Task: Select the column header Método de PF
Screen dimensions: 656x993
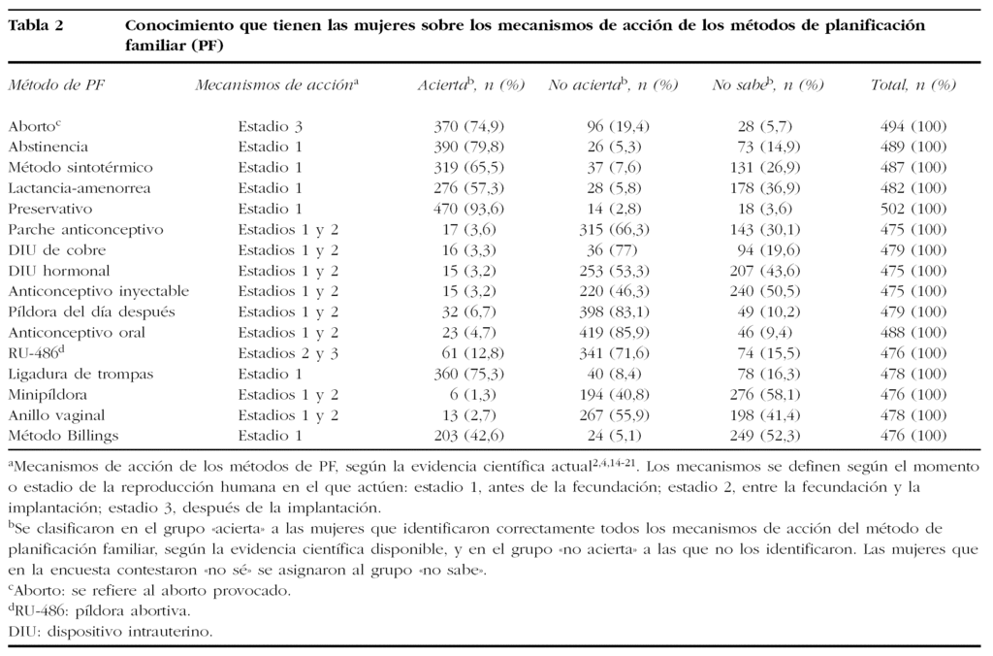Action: coord(55,85)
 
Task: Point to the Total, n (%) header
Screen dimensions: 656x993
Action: coord(913,85)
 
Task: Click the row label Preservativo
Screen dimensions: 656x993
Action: coord(49,209)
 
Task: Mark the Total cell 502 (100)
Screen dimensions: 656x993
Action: coord(914,209)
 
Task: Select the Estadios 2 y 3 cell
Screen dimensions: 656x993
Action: coord(289,354)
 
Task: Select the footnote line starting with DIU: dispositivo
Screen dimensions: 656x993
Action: coord(111,631)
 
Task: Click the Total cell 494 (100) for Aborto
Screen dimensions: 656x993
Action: coord(914,126)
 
